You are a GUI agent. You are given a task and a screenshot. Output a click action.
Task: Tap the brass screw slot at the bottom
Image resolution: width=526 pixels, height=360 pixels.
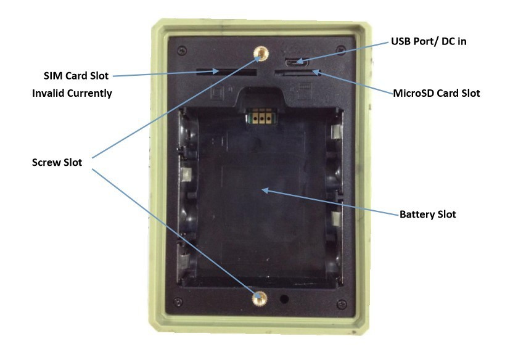pyautogui.click(x=260, y=298)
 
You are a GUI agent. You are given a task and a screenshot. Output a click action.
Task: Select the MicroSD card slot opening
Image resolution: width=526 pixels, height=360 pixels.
pyautogui.click(x=295, y=73)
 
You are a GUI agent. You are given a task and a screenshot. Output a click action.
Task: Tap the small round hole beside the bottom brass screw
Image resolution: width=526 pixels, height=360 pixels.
pyautogui.click(x=284, y=299)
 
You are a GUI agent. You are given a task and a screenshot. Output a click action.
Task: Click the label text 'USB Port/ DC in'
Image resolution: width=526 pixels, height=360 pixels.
pyautogui.click(x=425, y=43)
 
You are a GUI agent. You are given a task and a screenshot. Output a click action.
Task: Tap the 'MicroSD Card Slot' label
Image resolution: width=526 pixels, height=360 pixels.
pyautogui.click(x=437, y=94)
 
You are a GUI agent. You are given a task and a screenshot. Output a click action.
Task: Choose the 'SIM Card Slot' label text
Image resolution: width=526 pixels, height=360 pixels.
pyautogui.click(x=76, y=76)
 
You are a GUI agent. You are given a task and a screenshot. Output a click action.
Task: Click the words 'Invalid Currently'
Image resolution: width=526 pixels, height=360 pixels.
pyautogui.click(x=72, y=94)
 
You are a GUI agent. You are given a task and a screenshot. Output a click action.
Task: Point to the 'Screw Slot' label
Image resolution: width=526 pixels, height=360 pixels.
pyautogui.click(x=57, y=163)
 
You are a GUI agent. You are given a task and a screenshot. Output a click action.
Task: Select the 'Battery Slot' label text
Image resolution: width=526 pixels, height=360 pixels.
pyautogui.click(x=427, y=215)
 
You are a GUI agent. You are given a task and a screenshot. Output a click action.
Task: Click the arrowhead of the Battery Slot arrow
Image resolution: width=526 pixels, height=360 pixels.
pyautogui.click(x=263, y=189)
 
